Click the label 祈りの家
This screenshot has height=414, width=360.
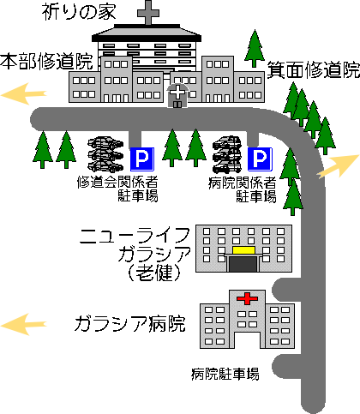pyautogui.click(x=79, y=13)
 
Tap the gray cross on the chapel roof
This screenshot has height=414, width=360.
pyautogui.click(x=148, y=12)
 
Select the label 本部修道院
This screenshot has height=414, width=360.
pyautogui.click(x=46, y=61)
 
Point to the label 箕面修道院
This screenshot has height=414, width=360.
pyautogui.click(x=314, y=69)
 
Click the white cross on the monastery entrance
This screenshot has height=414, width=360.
pyautogui.click(x=177, y=93)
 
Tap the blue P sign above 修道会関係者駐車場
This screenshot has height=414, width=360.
pyautogui.click(x=142, y=159)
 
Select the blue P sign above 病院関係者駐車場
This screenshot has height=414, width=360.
pyautogui.click(x=260, y=159)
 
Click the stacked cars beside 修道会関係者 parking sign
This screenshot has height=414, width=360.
pyautogui.click(x=105, y=154)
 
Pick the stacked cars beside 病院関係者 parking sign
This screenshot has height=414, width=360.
pyautogui.click(x=227, y=154)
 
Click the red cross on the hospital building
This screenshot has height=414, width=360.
pyautogui.click(x=248, y=298)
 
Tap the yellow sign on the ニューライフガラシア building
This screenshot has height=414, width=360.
pyautogui.click(x=243, y=250)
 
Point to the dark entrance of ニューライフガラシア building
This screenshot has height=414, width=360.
pyautogui.click(x=243, y=264)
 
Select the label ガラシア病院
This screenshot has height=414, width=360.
pyautogui.click(x=130, y=324)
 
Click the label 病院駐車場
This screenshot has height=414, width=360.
pyautogui.click(x=225, y=374)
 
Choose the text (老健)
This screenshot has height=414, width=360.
pyautogui.click(x=154, y=273)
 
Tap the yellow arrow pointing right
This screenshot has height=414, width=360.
pyautogui.click(x=338, y=166)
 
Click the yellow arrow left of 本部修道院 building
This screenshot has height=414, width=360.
pyautogui.click(x=23, y=93)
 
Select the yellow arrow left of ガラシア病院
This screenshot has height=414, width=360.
pyautogui.click(x=23, y=324)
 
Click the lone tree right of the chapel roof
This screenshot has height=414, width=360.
pyautogui.click(x=255, y=49)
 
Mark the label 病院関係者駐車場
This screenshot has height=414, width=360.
pyautogui.click(x=243, y=189)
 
